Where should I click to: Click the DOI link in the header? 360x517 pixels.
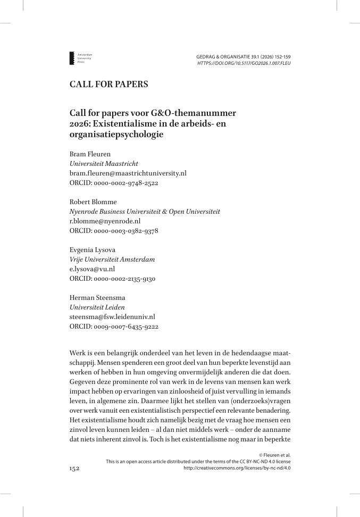[x=244, y=63]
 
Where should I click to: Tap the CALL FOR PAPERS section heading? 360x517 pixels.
[x=108, y=84]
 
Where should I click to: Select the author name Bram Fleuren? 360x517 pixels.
[x=88, y=154]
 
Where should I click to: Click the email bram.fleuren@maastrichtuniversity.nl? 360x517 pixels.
[x=128, y=173]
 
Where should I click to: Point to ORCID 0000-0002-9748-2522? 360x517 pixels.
[x=114, y=183]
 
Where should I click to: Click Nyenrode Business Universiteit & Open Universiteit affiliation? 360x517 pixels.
[x=145, y=212]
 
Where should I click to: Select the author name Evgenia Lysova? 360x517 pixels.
[x=91, y=250]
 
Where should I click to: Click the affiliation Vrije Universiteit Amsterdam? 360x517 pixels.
[x=112, y=260]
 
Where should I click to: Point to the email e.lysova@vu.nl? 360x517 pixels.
[x=92, y=269]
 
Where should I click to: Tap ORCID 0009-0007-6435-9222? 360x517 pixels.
[x=114, y=327]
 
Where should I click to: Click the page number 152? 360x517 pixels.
[x=74, y=468]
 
